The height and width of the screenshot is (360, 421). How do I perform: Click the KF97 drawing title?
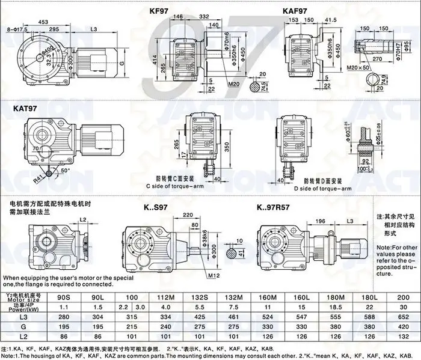coord(163,11)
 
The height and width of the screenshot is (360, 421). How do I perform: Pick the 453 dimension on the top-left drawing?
coord(59,22)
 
